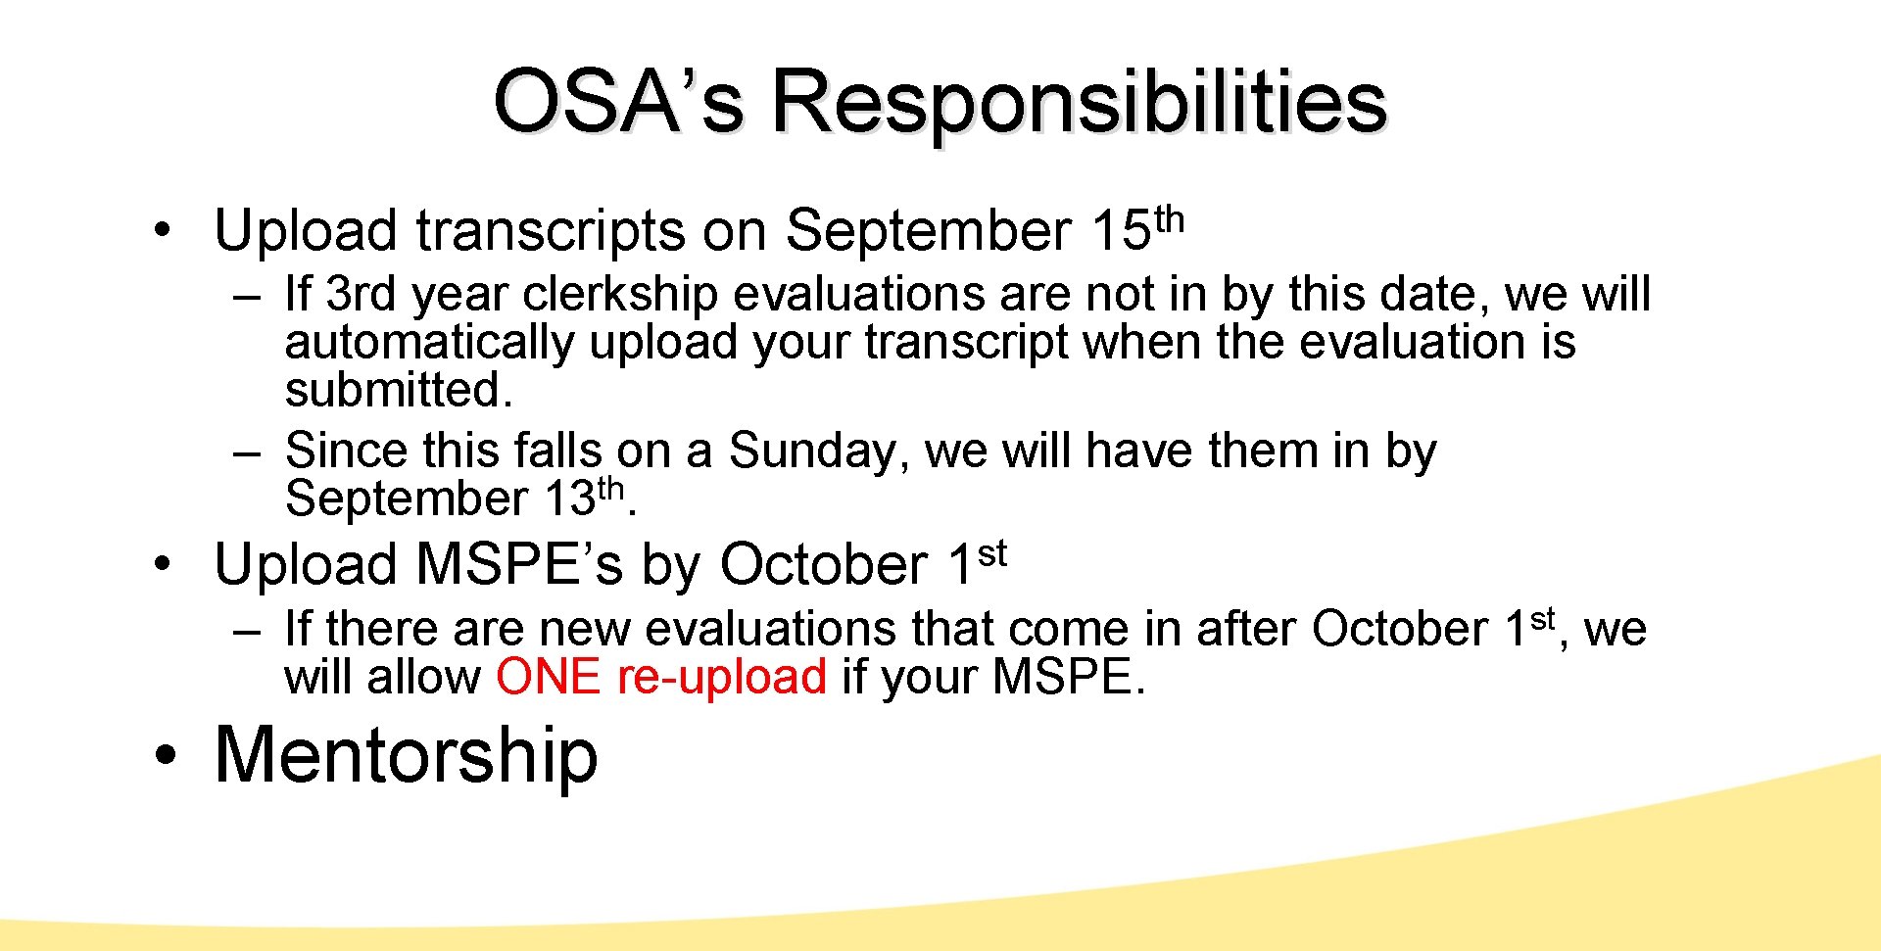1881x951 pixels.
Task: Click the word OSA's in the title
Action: click(x=617, y=102)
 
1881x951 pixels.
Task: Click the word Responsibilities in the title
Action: click(x=1079, y=104)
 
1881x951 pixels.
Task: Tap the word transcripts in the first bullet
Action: click(x=551, y=231)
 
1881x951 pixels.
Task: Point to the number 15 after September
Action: click(x=1121, y=231)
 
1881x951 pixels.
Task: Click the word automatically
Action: click(x=428, y=342)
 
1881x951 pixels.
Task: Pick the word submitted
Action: click(x=398, y=390)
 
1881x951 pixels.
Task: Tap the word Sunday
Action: click(x=811, y=451)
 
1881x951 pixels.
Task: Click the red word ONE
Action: click(x=548, y=677)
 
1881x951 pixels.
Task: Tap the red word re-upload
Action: click(x=722, y=677)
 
